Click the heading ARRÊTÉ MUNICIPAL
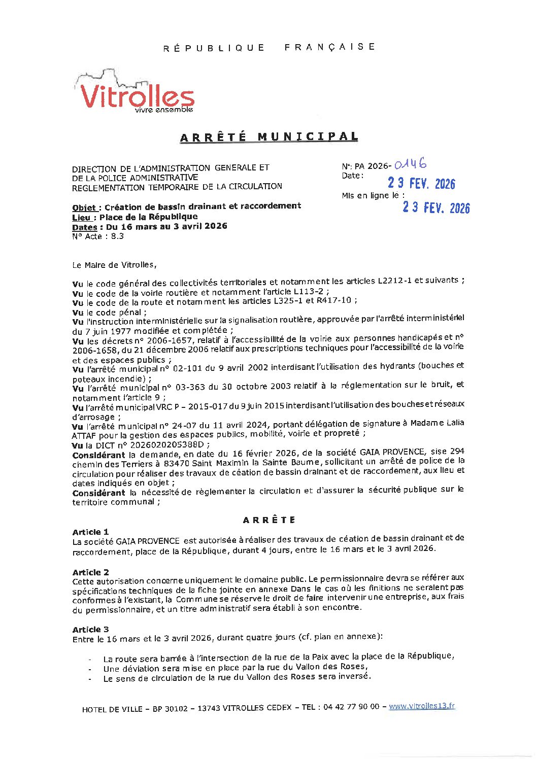(x=269, y=137)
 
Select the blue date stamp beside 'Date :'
(x=421, y=183)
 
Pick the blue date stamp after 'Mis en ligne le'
(x=436, y=208)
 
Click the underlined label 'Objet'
(x=84, y=207)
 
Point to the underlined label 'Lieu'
(x=81, y=217)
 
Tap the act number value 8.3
(x=117, y=236)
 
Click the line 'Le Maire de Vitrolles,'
(x=115, y=265)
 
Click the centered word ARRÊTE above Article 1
(x=269, y=520)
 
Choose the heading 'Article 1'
(x=90, y=532)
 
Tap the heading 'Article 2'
(x=90, y=572)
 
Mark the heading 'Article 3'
(x=90, y=629)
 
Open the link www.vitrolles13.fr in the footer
(x=422, y=706)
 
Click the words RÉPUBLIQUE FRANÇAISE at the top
(x=269, y=47)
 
